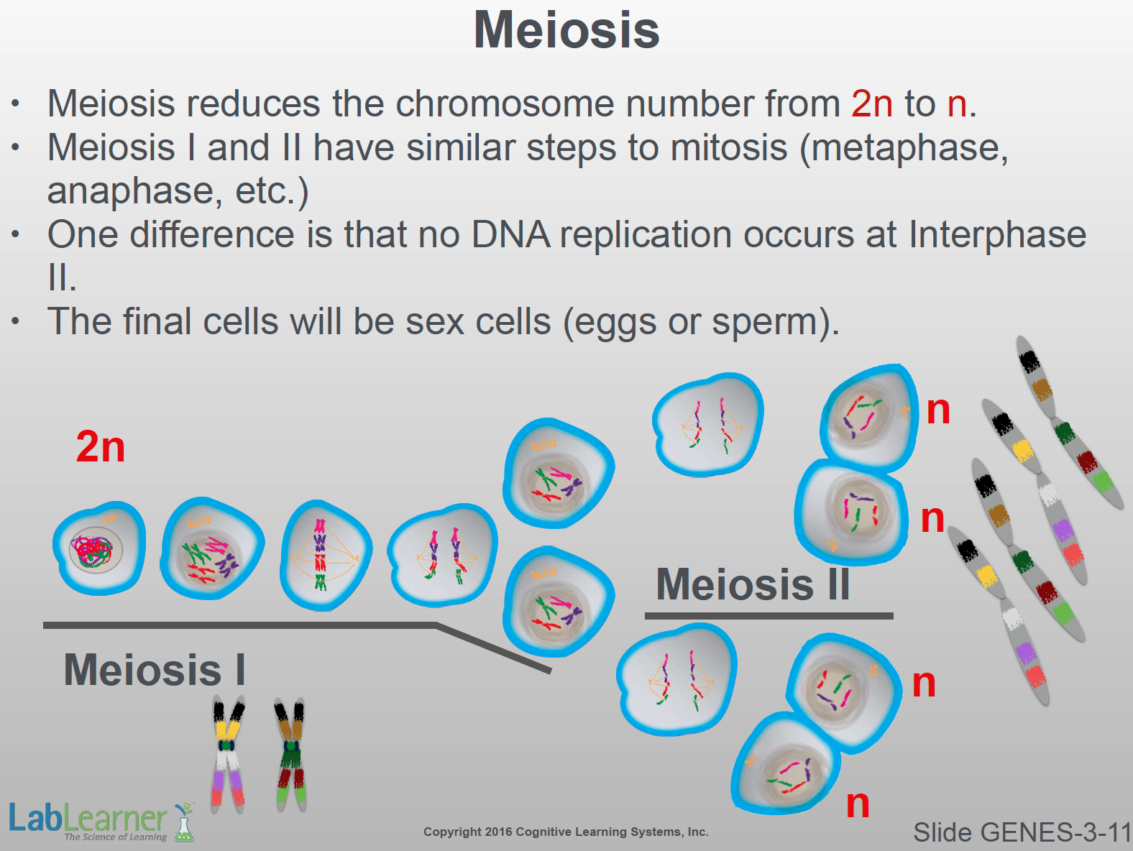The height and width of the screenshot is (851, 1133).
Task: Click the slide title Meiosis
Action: [566, 30]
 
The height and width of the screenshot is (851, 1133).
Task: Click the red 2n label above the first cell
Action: [101, 446]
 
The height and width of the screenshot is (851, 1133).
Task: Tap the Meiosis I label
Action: [155, 669]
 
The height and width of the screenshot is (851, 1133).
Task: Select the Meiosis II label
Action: [753, 584]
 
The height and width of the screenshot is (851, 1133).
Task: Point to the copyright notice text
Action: [566, 832]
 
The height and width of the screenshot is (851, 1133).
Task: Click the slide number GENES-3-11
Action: [1022, 832]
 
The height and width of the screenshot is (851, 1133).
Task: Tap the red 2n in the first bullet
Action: [872, 103]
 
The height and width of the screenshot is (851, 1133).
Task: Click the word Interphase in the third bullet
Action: [997, 235]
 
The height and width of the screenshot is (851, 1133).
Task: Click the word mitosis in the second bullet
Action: [729, 147]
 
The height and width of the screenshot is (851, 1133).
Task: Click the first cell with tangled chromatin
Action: [99, 548]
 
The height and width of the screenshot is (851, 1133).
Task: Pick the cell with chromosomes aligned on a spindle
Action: [325, 556]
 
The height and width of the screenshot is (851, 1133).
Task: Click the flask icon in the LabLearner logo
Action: [184, 822]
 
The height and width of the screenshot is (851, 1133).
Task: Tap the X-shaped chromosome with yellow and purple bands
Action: [228, 753]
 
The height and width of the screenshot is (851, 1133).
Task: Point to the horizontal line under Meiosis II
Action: [769, 616]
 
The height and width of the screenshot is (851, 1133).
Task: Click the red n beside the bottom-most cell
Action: [858, 804]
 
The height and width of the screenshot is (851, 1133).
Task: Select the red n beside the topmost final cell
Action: [938, 411]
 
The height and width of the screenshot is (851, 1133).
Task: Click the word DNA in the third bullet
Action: [510, 235]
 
